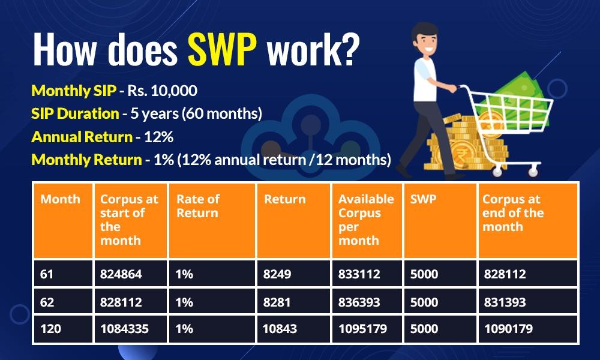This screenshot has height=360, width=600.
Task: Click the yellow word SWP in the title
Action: [x=222, y=50]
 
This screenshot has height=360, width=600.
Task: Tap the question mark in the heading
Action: [x=348, y=50]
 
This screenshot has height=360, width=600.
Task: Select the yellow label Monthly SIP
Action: [x=74, y=91]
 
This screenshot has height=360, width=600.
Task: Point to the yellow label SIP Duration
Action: [x=75, y=113]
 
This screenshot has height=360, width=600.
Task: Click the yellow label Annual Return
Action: [x=82, y=137]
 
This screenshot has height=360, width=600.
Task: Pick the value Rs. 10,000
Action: [x=162, y=91]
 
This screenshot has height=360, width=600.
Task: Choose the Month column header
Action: [x=60, y=199]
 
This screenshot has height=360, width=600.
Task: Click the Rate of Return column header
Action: [x=198, y=206]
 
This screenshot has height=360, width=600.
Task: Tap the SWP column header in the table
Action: [x=423, y=199]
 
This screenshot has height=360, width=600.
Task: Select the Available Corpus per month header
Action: [x=366, y=220]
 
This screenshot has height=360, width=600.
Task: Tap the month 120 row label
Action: [x=50, y=329]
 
